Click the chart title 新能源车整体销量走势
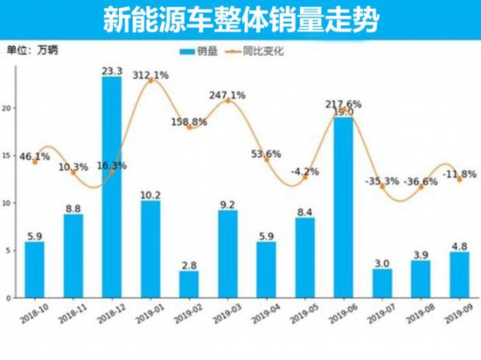click(240, 17)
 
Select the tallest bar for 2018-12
click(112, 188)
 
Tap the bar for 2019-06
click(344, 210)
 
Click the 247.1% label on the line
click(227, 93)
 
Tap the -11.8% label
click(457, 174)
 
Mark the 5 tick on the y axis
click(9, 251)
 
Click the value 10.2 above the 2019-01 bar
click(150, 194)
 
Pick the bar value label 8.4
click(305, 211)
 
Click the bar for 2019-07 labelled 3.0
click(382, 284)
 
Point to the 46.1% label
click(34, 156)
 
